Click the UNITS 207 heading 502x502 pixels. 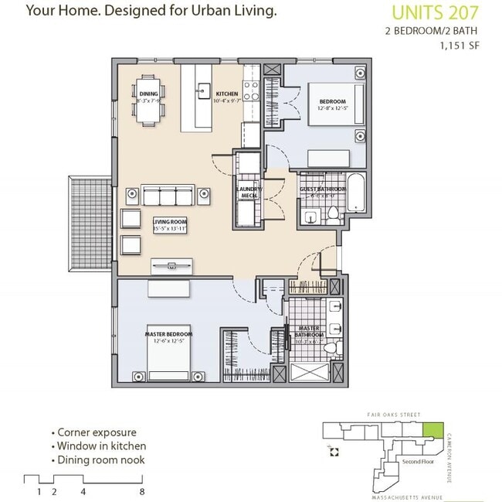(x=436, y=12)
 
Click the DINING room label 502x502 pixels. (x=149, y=95)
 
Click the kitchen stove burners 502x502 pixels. (x=252, y=82)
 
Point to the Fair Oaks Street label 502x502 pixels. (x=394, y=415)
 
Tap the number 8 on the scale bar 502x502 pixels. (x=142, y=491)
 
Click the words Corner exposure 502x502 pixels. (x=96, y=433)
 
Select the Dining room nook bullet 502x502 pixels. (x=100, y=460)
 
